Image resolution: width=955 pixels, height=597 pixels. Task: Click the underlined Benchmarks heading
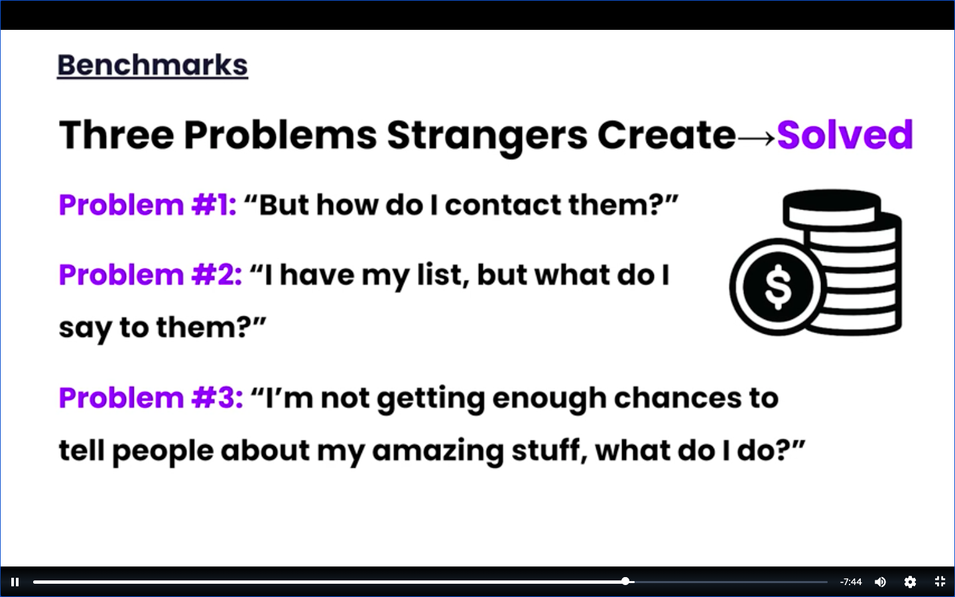pos(153,66)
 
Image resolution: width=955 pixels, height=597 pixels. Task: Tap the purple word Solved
pos(845,135)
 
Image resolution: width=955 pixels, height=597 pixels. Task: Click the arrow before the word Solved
pos(756,138)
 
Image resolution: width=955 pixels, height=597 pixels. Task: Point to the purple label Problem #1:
pos(147,205)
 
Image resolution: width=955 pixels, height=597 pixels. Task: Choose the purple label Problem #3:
pos(151,397)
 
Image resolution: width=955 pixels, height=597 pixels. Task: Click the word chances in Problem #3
pos(678,398)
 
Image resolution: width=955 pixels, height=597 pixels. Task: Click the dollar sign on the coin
pos(778,287)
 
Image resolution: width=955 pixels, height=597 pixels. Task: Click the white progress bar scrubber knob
pos(625,581)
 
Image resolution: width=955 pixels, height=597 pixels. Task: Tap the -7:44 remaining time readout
pos(850,582)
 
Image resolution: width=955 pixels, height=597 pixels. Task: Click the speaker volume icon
pos(880,582)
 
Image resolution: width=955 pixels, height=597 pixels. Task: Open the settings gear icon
pos(910,582)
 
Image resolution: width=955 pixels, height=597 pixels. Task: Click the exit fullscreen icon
pos(940,582)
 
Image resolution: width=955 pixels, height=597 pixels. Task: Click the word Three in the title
pos(117,135)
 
